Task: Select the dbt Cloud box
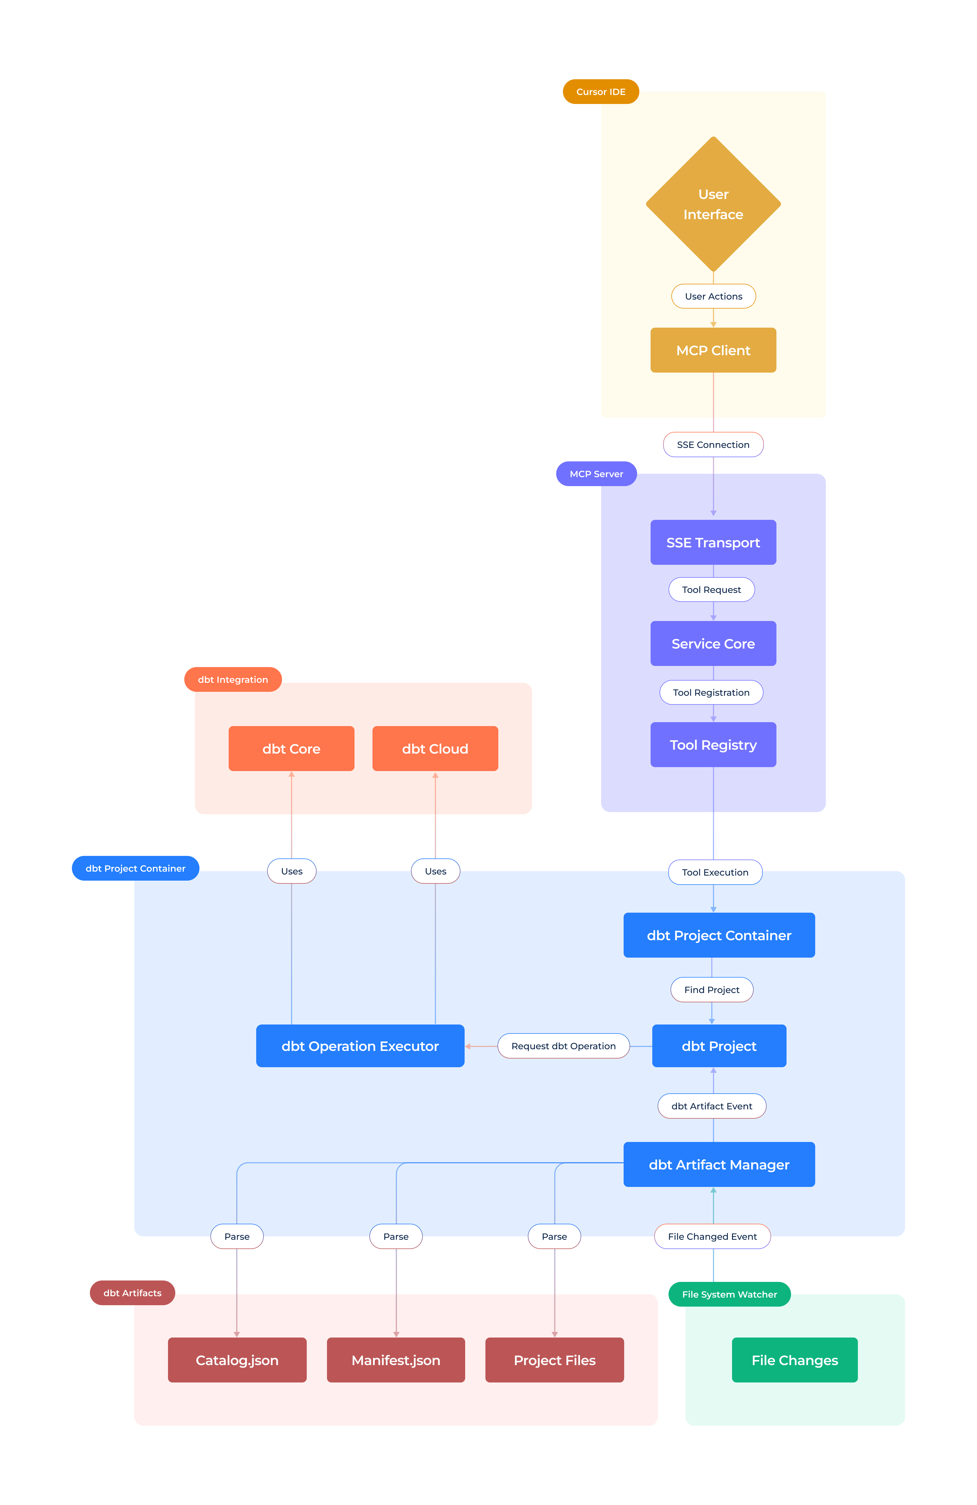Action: (435, 748)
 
